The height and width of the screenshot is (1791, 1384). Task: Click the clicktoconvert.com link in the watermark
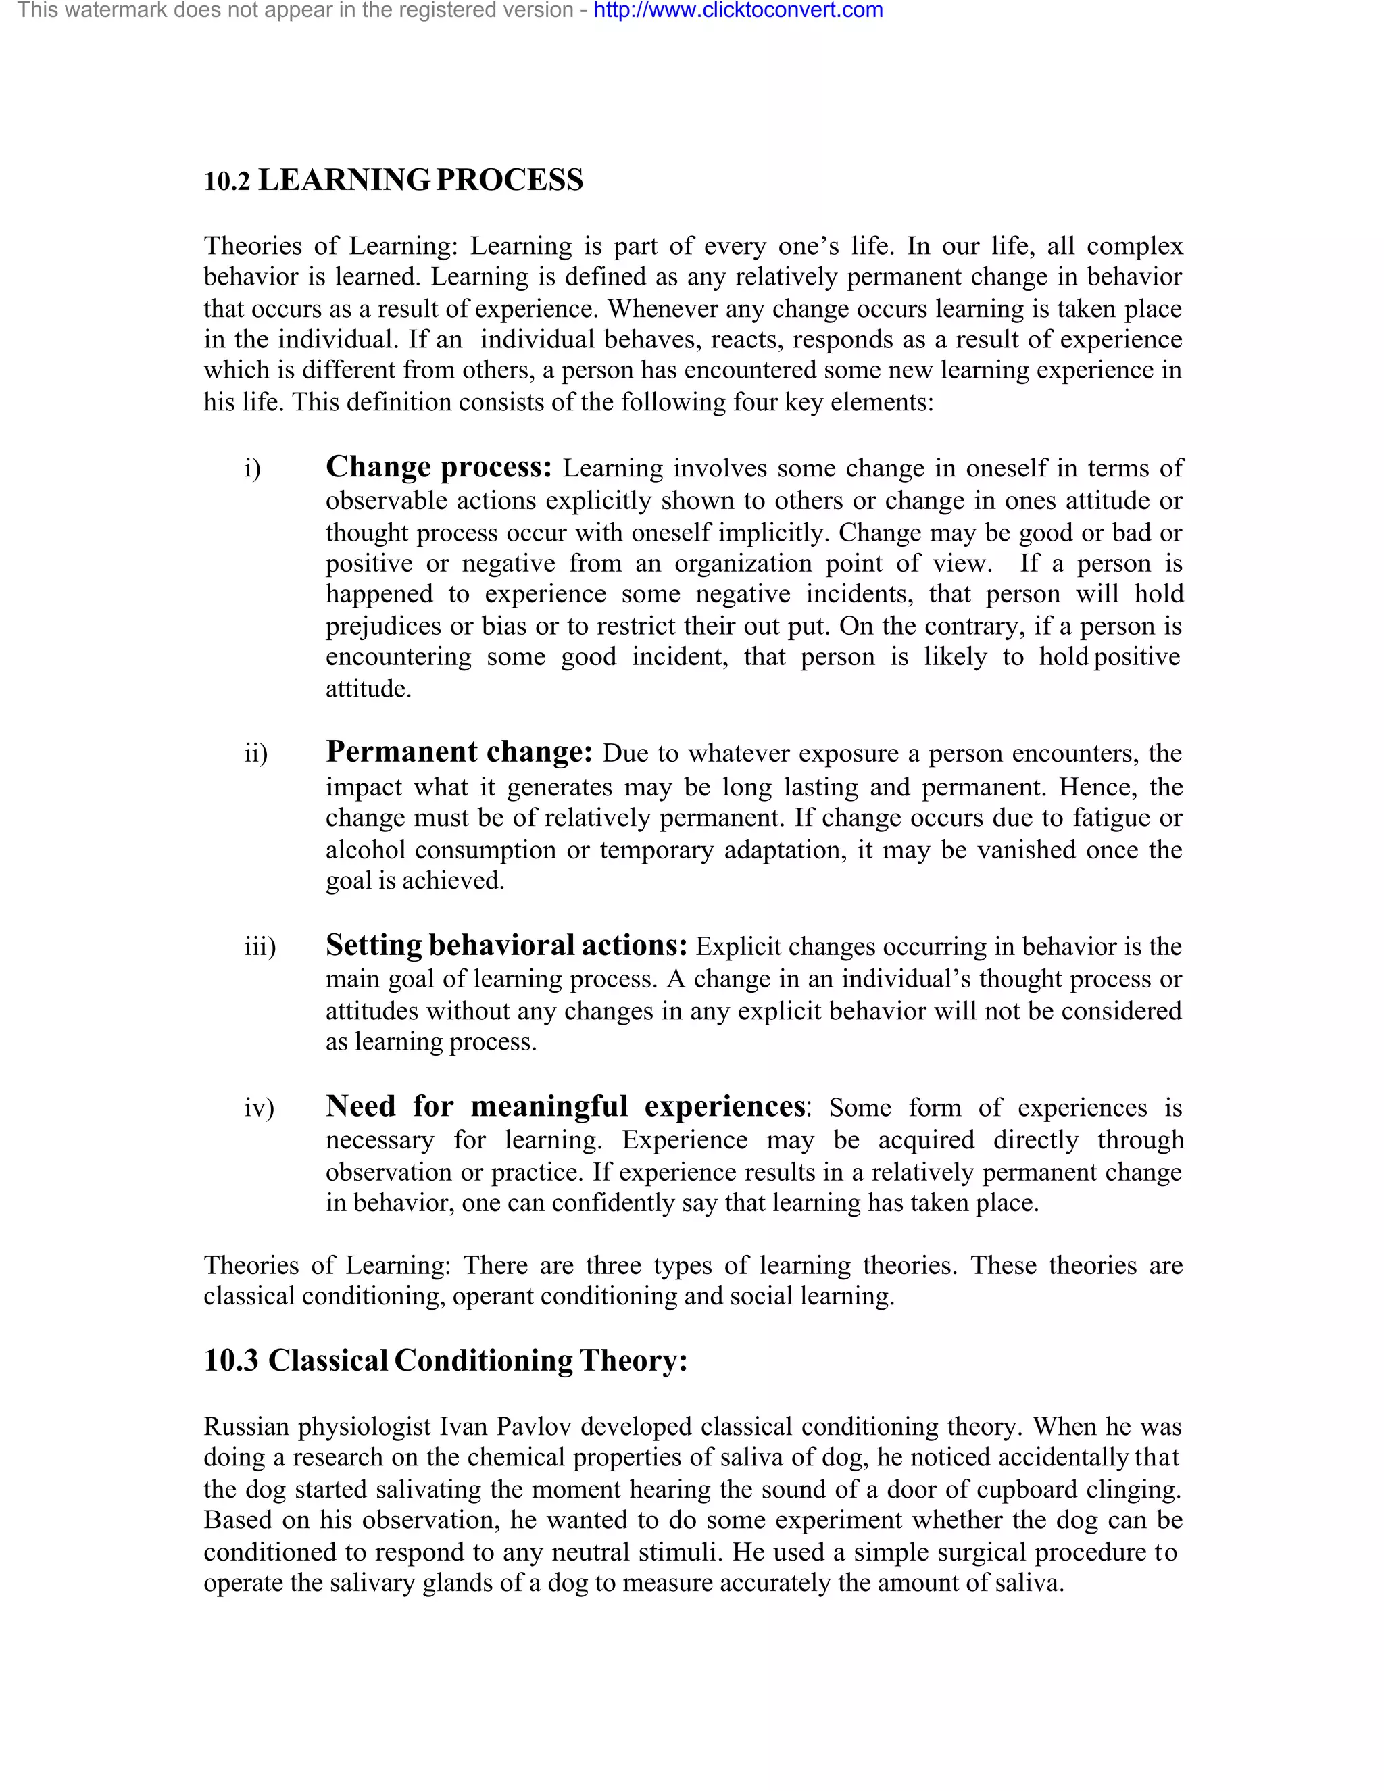coord(738,11)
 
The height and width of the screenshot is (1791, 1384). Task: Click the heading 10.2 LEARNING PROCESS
coord(393,180)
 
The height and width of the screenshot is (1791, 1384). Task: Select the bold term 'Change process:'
coord(439,466)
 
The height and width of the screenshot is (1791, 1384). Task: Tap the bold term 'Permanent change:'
coord(458,752)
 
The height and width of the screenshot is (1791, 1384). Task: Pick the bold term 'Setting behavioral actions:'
coord(506,946)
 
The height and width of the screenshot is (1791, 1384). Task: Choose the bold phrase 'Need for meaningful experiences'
coord(566,1106)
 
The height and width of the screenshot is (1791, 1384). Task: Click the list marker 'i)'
coord(253,469)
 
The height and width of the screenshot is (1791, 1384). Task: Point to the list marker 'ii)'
coord(256,754)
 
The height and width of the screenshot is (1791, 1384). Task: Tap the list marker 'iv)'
coord(259,1108)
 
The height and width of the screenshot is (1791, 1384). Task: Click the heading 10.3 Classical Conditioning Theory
coord(445,1360)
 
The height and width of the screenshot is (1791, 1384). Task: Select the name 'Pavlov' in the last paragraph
coord(534,1427)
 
